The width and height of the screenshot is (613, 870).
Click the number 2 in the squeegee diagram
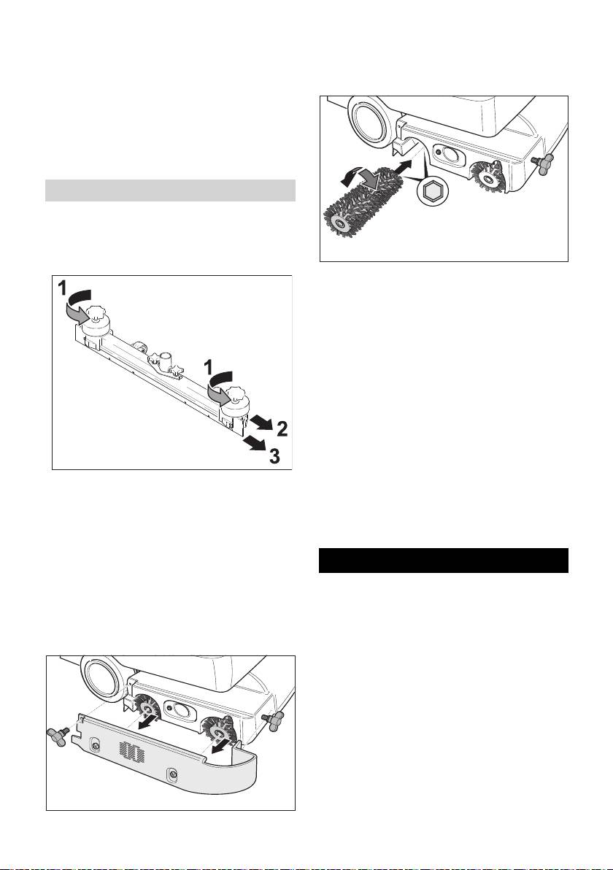click(x=282, y=428)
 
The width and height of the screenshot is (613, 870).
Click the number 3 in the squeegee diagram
click(x=274, y=457)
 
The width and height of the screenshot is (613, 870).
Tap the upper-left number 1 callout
click(x=63, y=288)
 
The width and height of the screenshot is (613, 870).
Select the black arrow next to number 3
click(x=255, y=444)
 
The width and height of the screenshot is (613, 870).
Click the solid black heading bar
click(x=444, y=561)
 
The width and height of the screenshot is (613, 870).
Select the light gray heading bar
click(x=170, y=190)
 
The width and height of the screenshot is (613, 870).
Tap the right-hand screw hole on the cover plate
click(x=174, y=774)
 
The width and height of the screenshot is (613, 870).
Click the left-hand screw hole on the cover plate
click(x=96, y=745)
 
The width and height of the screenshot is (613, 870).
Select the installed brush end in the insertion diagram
click(x=486, y=176)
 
